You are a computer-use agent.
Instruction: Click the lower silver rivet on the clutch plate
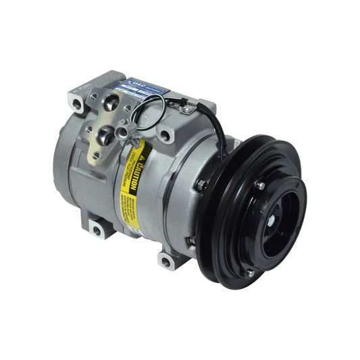tap(251, 272)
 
